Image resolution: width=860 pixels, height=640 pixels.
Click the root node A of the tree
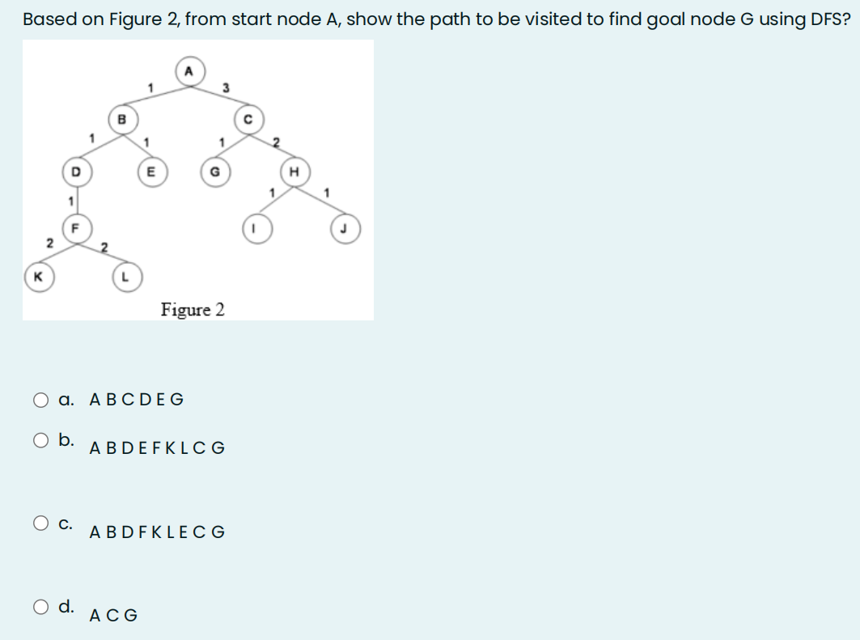(189, 70)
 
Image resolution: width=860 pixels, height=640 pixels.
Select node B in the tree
(121, 119)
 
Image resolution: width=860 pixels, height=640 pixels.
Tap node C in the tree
(249, 120)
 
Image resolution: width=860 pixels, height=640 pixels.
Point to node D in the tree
(75, 172)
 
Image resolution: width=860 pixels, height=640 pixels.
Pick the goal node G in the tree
(214, 172)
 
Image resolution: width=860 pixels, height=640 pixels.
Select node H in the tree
(293, 172)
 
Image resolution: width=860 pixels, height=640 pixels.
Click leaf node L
(125, 277)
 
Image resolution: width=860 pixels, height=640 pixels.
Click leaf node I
(254, 227)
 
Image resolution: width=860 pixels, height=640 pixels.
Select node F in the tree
(75, 227)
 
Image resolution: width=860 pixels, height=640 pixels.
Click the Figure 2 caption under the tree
(193, 310)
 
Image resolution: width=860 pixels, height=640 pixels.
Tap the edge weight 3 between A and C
(227, 87)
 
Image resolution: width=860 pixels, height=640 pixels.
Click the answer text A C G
(114, 616)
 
